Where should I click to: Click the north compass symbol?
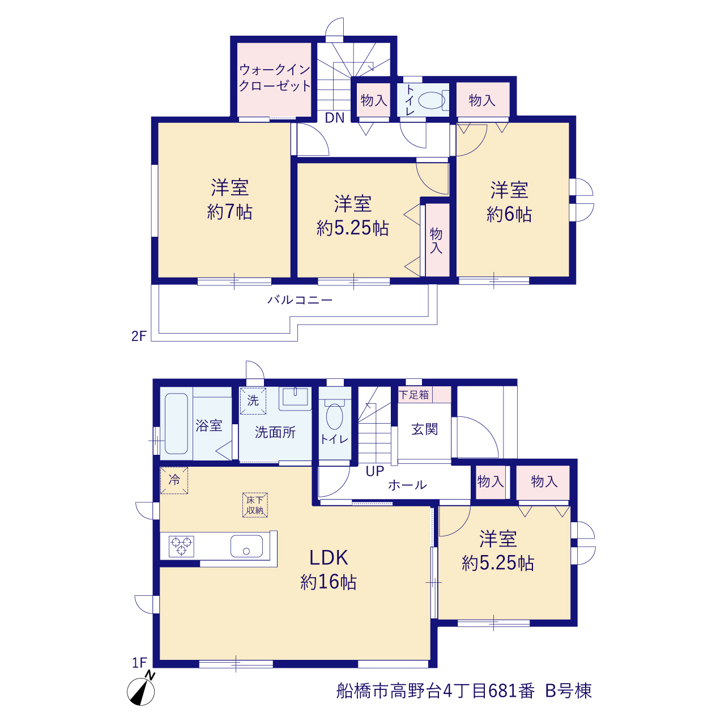[141, 691]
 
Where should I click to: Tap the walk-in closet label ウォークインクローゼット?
[275, 78]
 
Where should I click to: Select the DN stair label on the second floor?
[335, 118]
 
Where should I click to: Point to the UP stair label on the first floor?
[375, 471]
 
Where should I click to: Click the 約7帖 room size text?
[229, 212]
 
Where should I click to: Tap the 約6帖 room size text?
[509, 215]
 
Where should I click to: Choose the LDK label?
[329, 557]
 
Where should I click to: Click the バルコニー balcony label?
[300, 300]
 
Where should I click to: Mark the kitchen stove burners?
[181, 546]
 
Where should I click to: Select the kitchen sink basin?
[246, 546]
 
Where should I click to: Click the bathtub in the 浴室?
[176, 424]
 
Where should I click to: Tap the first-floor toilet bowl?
[335, 415]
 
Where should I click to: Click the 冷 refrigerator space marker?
[174, 480]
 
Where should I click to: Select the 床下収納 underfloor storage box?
[255, 505]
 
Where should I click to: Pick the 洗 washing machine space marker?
[253, 400]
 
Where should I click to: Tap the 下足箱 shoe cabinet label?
[413, 395]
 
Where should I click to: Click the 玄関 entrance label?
[424, 429]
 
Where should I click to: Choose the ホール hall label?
[407, 485]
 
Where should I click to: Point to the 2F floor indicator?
[138, 336]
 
